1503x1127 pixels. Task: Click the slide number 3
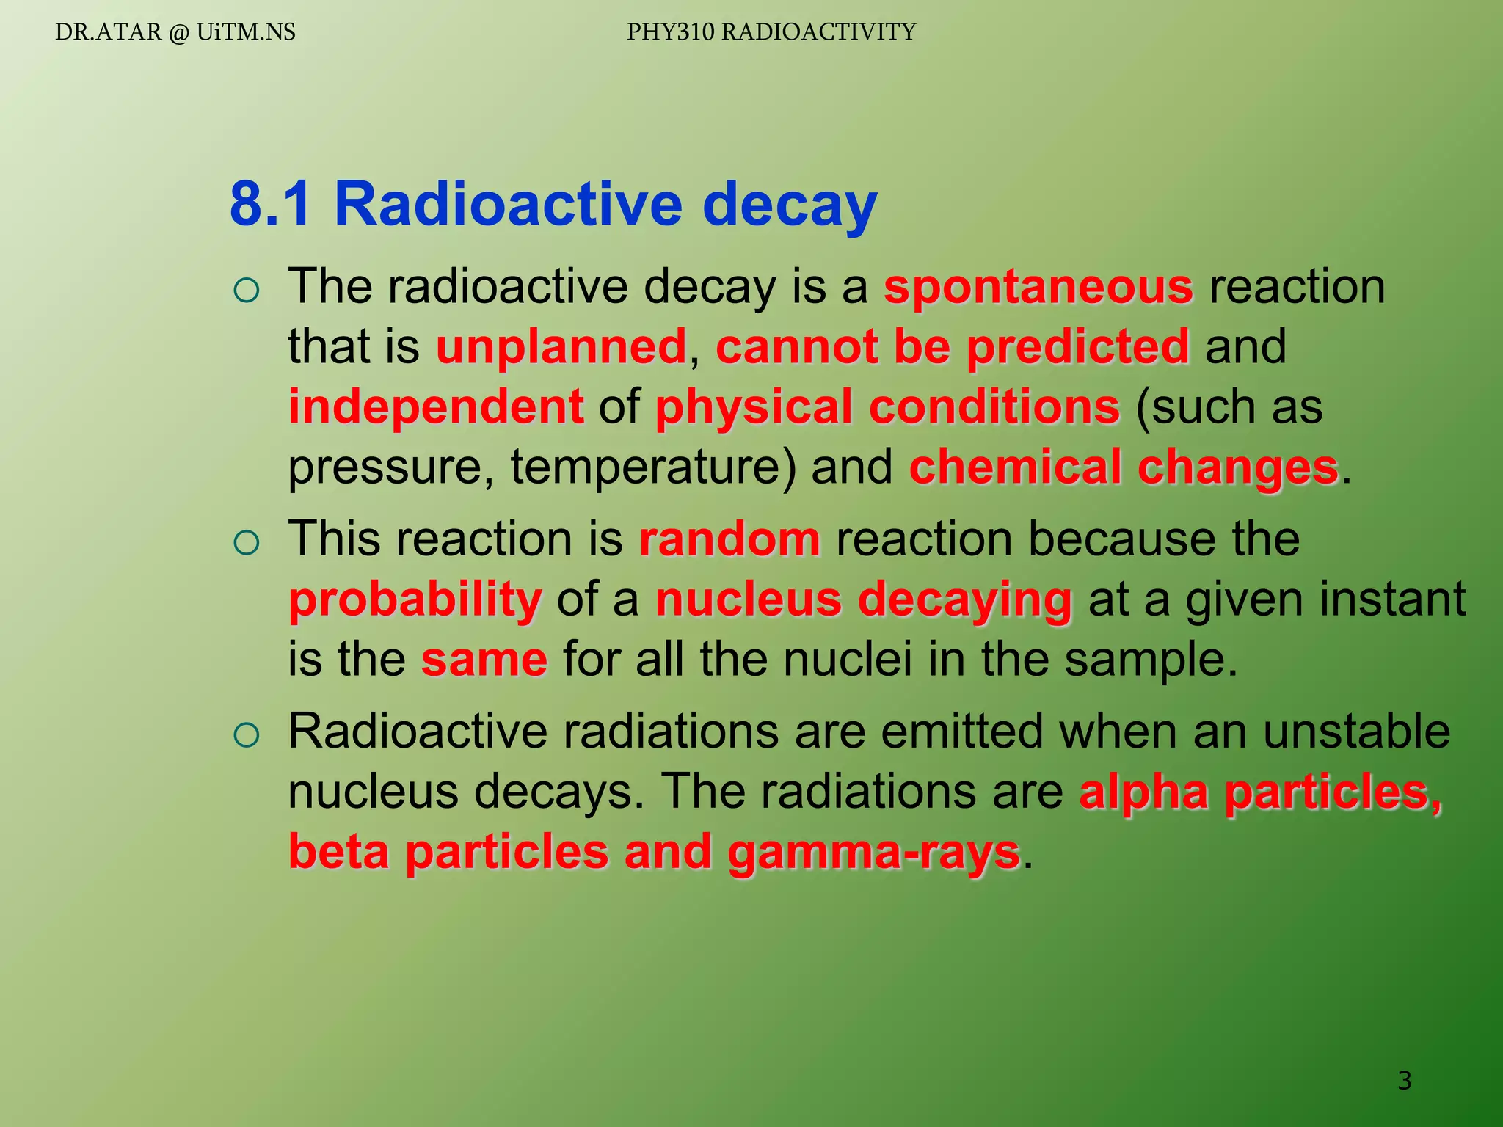(x=1404, y=1081)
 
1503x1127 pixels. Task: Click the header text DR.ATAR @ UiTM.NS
(x=175, y=32)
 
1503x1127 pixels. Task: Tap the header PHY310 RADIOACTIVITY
(x=771, y=32)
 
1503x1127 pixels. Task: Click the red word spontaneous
(x=1038, y=287)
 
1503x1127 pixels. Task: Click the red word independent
(x=436, y=407)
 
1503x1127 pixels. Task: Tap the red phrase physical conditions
(x=887, y=407)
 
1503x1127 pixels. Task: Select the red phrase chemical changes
(x=1124, y=467)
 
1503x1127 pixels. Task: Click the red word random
(x=729, y=539)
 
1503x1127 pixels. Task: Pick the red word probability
(x=415, y=599)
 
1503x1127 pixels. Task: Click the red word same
(x=484, y=660)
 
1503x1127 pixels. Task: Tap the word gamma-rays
(x=873, y=853)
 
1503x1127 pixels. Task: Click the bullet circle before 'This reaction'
(x=247, y=544)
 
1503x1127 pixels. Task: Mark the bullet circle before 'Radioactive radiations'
(x=247, y=736)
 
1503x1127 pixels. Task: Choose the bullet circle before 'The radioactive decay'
(x=247, y=291)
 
